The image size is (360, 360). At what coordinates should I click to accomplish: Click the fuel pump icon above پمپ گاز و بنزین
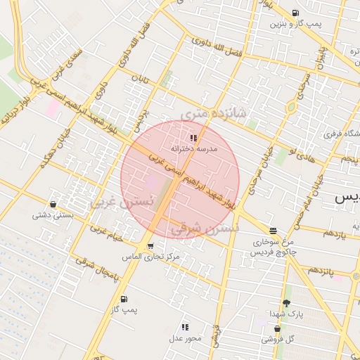pyautogui.click(x=294, y=13)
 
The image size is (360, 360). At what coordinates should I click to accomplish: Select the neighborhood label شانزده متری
pyautogui.click(x=214, y=112)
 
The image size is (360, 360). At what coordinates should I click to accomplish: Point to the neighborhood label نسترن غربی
pyautogui.click(x=121, y=201)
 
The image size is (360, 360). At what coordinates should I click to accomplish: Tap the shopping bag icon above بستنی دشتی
pyautogui.click(x=54, y=205)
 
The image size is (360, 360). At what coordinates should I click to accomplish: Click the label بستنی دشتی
pyautogui.click(x=51, y=216)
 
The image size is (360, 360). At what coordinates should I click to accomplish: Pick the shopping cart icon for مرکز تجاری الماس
pyautogui.click(x=150, y=245)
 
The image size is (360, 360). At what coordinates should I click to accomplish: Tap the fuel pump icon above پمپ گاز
pyautogui.click(x=124, y=299)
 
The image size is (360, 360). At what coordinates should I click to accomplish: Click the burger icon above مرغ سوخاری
pyautogui.click(x=273, y=230)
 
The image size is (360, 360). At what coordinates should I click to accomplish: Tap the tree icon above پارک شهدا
pyautogui.click(x=286, y=303)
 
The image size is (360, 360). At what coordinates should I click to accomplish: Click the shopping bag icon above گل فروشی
pyautogui.click(x=278, y=328)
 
